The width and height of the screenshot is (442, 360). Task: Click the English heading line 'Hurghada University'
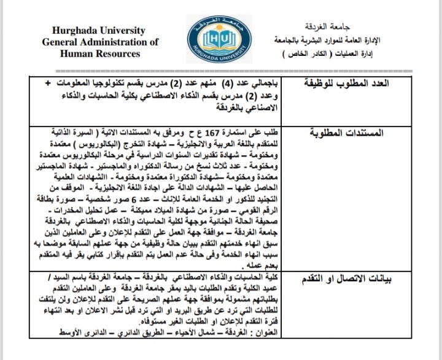[x=100, y=31]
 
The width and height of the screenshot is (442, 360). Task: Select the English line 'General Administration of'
[x=100, y=42]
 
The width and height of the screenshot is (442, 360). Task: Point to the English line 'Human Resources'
[x=100, y=53]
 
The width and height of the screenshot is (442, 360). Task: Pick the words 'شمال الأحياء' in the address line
[x=198, y=332]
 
